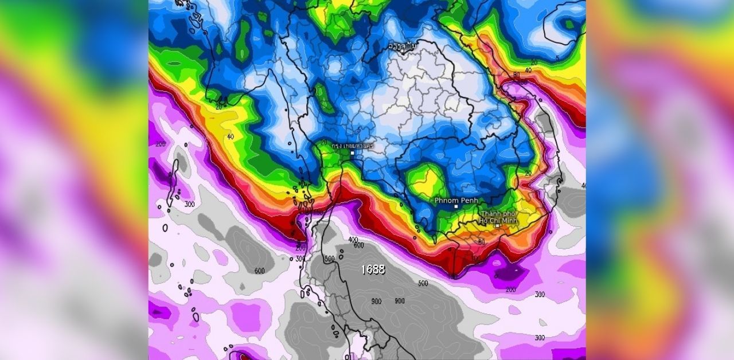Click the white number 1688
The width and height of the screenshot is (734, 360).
pos(373,269)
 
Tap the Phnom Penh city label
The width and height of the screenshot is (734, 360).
pos(456,200)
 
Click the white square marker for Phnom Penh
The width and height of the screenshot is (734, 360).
pos(456,206)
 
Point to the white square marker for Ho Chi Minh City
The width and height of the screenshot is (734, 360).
pos(497,226)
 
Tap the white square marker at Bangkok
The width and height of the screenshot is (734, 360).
pos(353,153)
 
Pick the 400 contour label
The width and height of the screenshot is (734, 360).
pos(353,240)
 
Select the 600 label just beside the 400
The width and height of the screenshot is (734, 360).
pos(360,245)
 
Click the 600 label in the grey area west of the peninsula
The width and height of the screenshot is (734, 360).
pos(259,271)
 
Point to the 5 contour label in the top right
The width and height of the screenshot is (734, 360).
pos(557,58)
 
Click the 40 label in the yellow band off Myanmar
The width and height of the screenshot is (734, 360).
pos(230,136)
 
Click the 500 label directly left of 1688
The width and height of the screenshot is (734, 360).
pos(329,259)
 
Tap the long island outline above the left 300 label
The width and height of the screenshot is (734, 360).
pos(173,181)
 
